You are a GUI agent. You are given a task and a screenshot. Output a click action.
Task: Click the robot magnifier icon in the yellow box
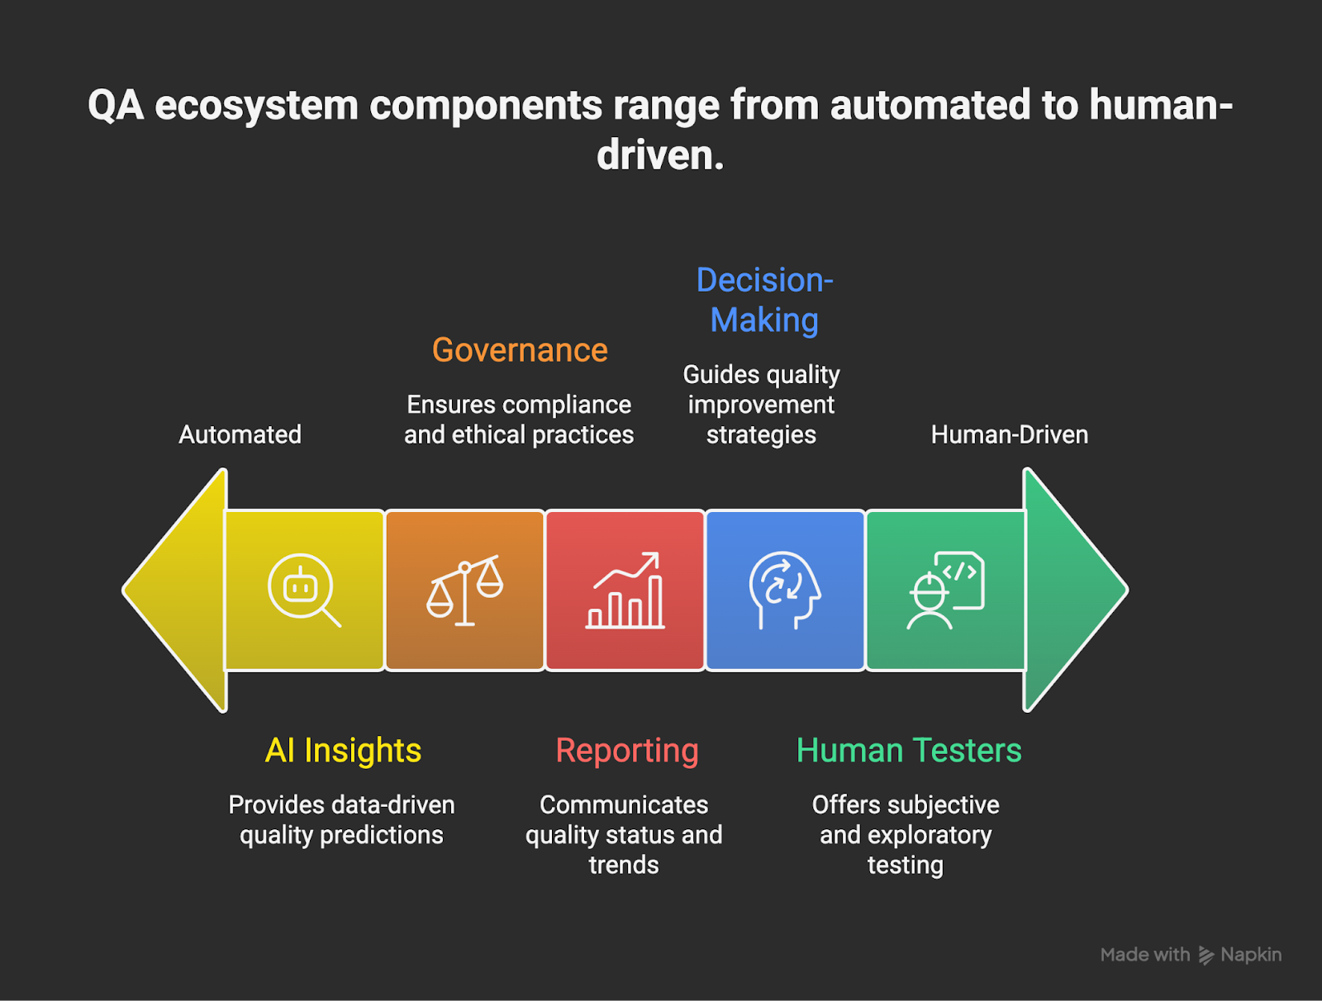[x=303, y=589]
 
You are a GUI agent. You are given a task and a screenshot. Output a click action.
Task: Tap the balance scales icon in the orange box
[x=464, y=590]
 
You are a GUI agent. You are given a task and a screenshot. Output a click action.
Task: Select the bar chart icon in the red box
[x=625, y=590]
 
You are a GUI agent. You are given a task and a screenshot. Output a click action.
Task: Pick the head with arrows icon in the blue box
[x=784, y=590]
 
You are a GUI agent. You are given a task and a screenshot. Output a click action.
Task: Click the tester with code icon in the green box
[x=945, y=590]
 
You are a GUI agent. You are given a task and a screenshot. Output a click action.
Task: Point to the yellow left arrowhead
[x=174, y=590]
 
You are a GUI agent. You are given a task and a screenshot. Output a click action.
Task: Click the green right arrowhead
[x=1076, y=590]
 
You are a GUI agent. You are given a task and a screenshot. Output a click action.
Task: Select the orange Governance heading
[x=520, y=350]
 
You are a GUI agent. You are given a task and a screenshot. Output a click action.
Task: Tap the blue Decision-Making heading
[x=764, y=300]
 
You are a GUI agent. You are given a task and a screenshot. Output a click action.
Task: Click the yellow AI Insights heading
[x=343, y=751]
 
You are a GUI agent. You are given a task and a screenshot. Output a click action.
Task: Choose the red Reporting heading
[x=627, y=752]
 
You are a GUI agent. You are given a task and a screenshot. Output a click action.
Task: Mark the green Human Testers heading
[x=909, y=751]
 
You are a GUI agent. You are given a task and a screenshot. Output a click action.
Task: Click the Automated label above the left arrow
[x=240, y=434]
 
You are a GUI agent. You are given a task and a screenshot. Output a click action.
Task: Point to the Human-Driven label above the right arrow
[x=1010, y=434]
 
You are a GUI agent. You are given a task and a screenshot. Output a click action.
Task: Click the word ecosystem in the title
[x=257, y=106]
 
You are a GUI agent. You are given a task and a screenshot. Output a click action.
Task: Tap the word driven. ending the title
[x=660, y=154]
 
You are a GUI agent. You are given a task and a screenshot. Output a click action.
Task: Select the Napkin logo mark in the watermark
[x=1205, y=956]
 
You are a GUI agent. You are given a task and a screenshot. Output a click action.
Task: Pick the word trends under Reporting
[x=624, y=865]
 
